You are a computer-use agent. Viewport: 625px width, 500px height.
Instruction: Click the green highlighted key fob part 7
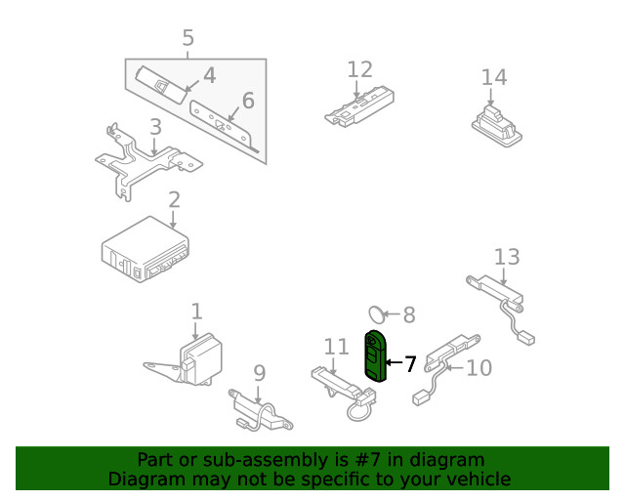[375, 357]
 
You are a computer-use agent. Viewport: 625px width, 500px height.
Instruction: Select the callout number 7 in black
[410, 364]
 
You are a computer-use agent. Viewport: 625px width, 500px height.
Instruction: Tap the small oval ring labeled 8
[375, 313]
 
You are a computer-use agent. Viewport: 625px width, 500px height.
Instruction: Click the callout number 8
[408, 314]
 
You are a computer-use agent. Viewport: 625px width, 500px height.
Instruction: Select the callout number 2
[174, 200]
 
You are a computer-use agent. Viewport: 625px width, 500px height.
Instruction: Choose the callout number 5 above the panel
[187, 38]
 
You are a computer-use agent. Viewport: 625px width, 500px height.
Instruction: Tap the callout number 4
[209, 75]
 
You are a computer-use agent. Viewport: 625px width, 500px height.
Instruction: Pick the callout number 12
[359, 69]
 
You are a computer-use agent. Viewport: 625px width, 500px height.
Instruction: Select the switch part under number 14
[497, 122]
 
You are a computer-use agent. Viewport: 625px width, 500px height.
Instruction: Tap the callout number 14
[494, 77]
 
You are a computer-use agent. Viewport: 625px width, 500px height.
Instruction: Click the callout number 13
[507, 257]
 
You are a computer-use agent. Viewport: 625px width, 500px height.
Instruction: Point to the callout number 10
[479, 368]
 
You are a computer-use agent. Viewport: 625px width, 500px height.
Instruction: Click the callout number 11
[336, 347]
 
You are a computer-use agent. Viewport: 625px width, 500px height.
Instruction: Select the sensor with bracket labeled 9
[259, 409]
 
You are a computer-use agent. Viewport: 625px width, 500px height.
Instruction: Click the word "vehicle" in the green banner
[473, 479]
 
